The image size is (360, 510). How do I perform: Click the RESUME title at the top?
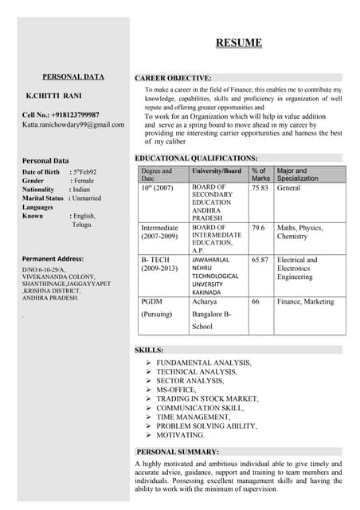(x=238, y=42)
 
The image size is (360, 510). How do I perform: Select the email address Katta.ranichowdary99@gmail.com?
(x=73, y=124)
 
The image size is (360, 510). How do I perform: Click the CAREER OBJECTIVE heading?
(x=174, y=78)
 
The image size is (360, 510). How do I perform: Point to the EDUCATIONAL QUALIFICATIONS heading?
(x=196, y=159)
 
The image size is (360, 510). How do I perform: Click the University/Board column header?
(x=217, y=171)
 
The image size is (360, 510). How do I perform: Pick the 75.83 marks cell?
(x=260, y=188)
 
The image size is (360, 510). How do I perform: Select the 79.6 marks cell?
(x=258, y=228)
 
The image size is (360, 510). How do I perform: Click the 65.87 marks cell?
(x=260, y=260)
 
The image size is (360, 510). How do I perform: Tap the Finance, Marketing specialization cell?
(x=306, y=302)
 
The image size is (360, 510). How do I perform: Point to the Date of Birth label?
(x=41, y=172)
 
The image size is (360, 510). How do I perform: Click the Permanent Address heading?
(x=53, y=259)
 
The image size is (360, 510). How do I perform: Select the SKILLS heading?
(x=150, y=350)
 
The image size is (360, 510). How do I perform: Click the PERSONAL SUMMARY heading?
(x=178, y=452)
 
